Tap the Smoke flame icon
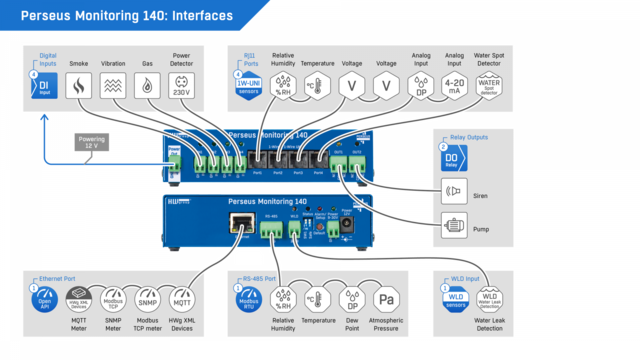tap(77, 87)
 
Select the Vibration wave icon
tap(113, 87)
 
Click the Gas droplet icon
tap(148, 87)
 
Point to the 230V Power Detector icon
tap(182, 87)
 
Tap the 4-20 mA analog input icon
tap(455, 87)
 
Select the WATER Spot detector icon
tap(489, 87)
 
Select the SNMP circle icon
tap(147, 299)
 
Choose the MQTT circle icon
tap(182, 299)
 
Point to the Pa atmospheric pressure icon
tap(387, 299)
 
